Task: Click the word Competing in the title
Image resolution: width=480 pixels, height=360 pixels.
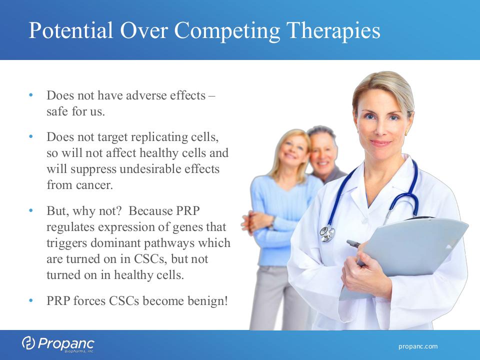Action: [227, 31]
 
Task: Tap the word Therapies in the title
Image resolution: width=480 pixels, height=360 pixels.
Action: [333, 31]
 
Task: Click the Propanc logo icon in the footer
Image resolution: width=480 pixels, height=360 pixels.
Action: [28, 343]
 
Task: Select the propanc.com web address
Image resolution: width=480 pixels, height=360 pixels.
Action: [418, 346]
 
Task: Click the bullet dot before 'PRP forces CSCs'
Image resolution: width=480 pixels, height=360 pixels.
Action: [30, 300]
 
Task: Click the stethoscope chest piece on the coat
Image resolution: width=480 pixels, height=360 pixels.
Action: [327, 233]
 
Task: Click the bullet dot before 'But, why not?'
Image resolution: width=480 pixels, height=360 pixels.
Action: [30, 210]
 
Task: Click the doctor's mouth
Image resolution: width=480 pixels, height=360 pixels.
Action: [380, 143]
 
